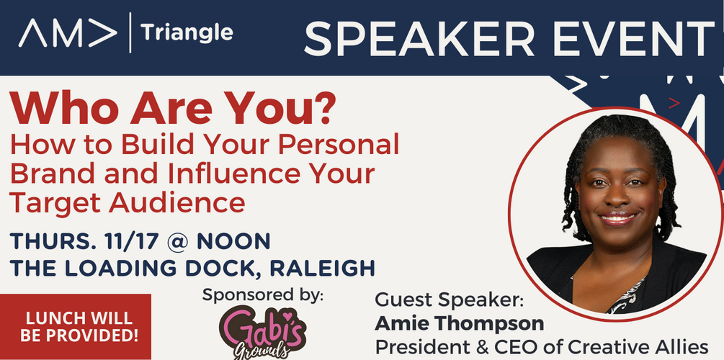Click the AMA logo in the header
[68, 33]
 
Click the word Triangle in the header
[187, 33]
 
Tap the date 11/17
[132, 241]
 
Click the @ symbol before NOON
[177, 242]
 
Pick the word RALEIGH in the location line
[322, 269]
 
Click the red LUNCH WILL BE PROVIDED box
[75, 326]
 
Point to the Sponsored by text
[263, 295]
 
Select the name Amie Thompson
[459, 323]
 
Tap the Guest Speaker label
[450, 300]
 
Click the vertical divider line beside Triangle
[130, 33]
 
